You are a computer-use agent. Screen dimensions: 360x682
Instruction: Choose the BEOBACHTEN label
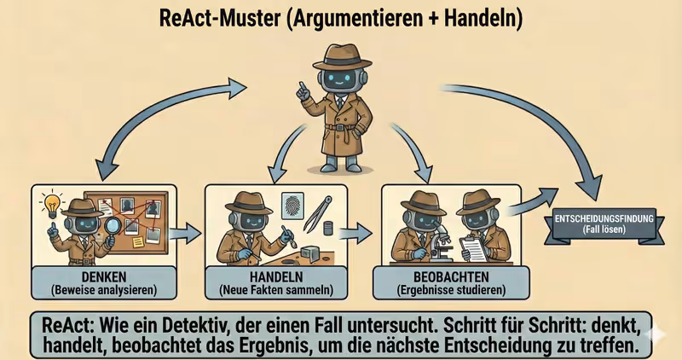tap(451, 277)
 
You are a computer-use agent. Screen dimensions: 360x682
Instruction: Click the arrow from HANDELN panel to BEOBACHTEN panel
tap(365, 231)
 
